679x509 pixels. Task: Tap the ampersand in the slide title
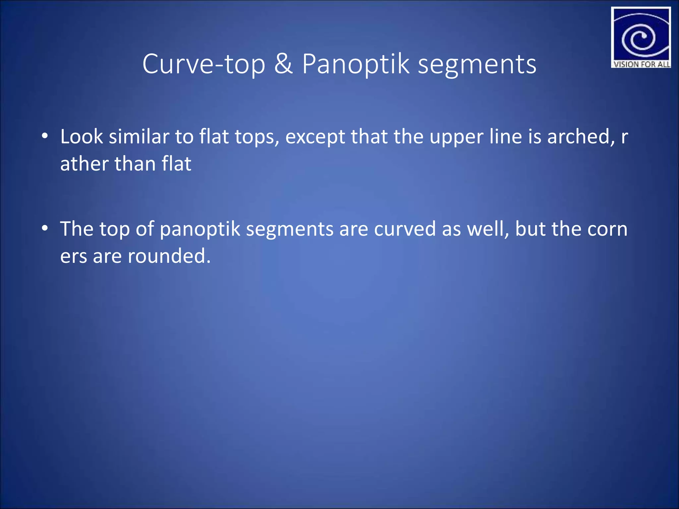click(283, 64)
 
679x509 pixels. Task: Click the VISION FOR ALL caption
click(641, 64)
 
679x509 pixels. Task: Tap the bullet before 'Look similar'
click(45, 136)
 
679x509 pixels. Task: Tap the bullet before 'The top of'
click(45, 228)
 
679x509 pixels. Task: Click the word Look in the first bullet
click(82, 137)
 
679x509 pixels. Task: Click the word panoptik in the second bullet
click(200, 229)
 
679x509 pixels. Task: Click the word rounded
click(169, 256)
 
